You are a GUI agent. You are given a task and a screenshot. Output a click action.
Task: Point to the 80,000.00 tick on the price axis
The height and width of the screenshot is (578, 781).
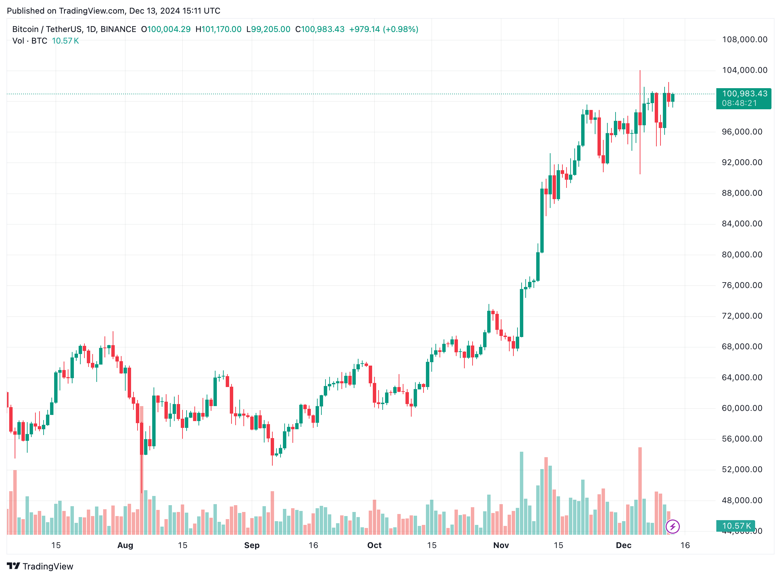click(742, 255)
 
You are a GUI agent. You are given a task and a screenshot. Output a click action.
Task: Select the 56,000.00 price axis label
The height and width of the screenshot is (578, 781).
click(742, 439)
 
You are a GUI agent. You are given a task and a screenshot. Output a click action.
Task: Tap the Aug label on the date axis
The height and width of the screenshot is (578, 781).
click(125, 545)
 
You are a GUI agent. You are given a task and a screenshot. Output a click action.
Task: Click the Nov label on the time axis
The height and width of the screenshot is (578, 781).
click(501, 545)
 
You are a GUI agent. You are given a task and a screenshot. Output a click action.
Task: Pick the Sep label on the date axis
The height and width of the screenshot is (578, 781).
click(252, 545)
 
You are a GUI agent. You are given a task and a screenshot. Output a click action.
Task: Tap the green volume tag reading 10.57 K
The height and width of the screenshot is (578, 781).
click(736, 526)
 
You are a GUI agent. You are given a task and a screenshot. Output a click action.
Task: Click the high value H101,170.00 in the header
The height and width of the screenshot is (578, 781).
click(218, 29)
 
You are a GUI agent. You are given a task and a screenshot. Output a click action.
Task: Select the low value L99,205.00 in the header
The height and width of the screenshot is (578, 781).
click(268, 29)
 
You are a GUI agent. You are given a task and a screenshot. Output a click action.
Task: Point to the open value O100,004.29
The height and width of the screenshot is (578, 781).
click(166, 29)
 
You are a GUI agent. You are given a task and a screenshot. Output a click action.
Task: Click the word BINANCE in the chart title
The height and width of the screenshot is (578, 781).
click(118, 29)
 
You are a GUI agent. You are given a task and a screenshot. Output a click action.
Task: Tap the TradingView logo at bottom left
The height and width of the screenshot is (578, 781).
click(40, 566)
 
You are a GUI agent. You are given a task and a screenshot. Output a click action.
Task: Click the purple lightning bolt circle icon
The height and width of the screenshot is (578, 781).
click(672, 527)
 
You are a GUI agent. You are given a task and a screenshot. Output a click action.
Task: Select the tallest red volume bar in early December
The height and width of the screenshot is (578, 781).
click(640, 490)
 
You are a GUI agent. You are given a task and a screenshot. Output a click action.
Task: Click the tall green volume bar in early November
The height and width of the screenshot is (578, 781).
click(521, 493)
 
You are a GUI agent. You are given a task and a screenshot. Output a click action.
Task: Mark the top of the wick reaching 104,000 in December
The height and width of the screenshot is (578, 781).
click(640, 71)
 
